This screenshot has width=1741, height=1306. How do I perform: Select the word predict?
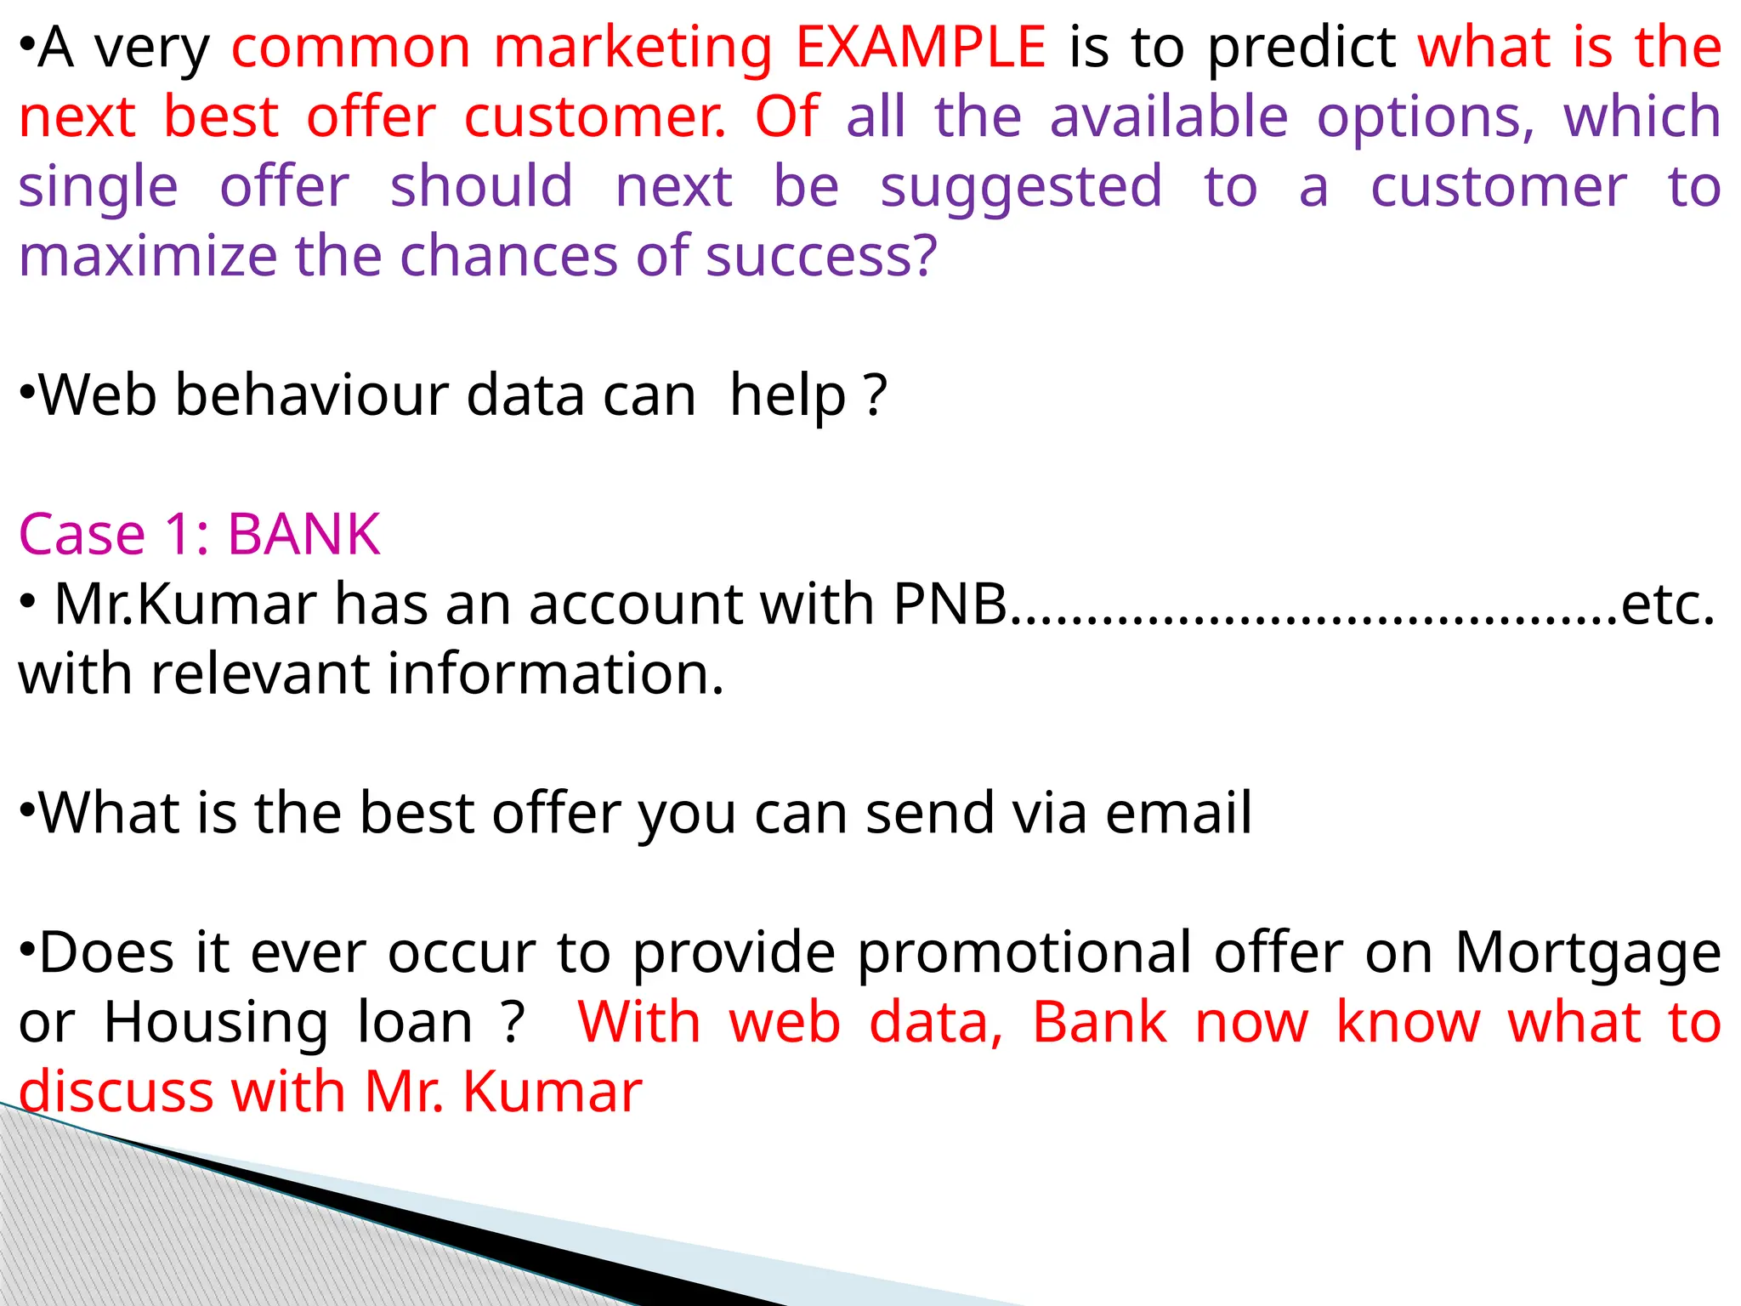(1301, 49)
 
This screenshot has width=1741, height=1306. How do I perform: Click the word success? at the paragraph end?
(821, 256)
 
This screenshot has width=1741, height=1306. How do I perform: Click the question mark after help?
(875, 395)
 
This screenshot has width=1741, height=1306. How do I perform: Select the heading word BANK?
(303, 535)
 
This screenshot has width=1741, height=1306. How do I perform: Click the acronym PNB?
(950, 605)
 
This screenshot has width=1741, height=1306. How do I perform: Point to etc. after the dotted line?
(1667, 605)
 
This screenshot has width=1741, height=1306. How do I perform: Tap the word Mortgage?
(1587, 954)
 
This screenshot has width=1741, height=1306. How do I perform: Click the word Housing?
(216, 1023)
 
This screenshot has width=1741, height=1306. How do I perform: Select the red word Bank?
(1098, 1023)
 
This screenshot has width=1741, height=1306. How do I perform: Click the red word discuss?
(116, 1092)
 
